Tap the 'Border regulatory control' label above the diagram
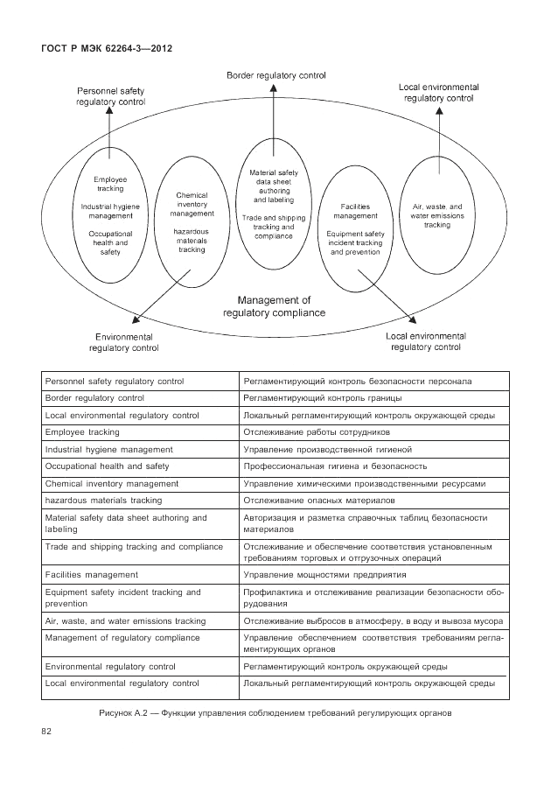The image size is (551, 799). (x=275, y=77)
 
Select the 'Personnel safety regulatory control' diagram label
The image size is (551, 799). (x=110, y=96)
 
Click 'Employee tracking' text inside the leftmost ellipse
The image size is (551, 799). (x=110, y=184)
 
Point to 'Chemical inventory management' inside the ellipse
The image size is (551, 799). (x=192, y=204)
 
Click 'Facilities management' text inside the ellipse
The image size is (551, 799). (x=355, y=210)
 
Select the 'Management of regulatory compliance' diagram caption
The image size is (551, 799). (x=275, y=305)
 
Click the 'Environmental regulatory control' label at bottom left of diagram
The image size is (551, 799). (x=123, y=341)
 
